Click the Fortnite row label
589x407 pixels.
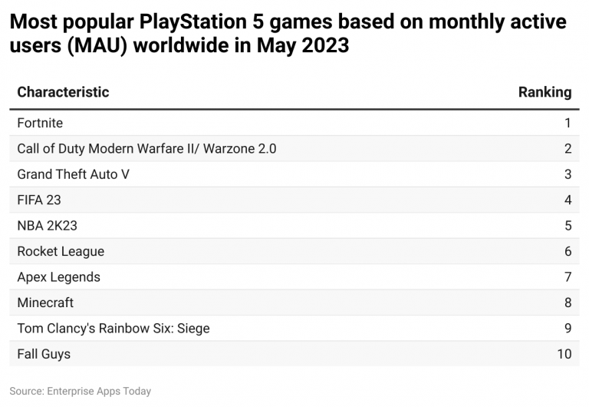(40, 123)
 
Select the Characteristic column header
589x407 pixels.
(63, 92)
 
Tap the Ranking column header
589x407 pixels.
(545, 92)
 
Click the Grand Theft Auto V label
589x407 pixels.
(73, 174)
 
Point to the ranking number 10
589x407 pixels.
(564, 354)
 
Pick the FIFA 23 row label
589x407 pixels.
(39, 200)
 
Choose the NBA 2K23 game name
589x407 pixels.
(47, 226)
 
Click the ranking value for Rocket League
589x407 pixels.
(568, 251)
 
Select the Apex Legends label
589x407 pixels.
(58, 277)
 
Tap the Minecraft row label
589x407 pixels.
(45, 303)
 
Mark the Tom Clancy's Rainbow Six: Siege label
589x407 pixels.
(113, 329)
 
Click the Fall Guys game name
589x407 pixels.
(44, 354)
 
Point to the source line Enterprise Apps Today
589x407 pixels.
(81, 391)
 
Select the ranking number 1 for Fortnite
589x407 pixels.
(568, 123)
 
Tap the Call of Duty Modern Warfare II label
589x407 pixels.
(146, 148)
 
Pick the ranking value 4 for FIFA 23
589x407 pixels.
(568, 200)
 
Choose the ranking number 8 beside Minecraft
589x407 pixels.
(568, 303)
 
